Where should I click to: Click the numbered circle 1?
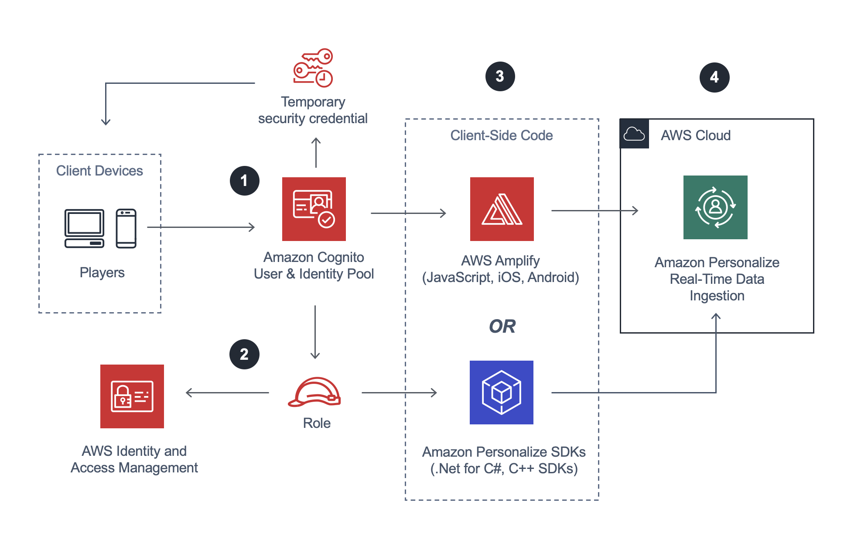pyautogui.click(x=244, y=180)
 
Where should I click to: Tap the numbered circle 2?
pyautogui.click(x=244, y=354)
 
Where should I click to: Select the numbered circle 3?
pyautogui.click(x=500, y=76)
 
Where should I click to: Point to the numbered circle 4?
pyautogui.click(x=714, y=77)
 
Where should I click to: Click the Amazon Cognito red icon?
pyautogui.click(x=314, y=209)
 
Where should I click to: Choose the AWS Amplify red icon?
pyautogui.click(x=502, y=209)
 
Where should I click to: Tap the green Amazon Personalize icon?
pyautogui.click(x=715, y=207)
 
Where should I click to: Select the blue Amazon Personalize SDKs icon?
pyautogui.click(x=501, y=392)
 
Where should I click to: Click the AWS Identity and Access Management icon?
pyautogui.click(x=132, y=396)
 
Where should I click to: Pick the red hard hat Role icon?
pyautogui.click(x=314, y=392)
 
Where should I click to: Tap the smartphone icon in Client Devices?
pyautogui.click(x=126, y=228)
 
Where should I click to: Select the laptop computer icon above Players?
pyautogui.click(x=84, y=228)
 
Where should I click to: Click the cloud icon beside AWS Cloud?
pyautogui.click(x=634, y=134)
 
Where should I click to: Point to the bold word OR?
pyautogui.click(x=502, y=326)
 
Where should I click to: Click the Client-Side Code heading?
pyautogui.click(x=501, y=135)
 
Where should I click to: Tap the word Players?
pyautogui.click(x=102, y=272)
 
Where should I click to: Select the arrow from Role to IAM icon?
pyautogui.click(x=227, y=393)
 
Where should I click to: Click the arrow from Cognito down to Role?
pyautogui.click(x=315, y=332)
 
